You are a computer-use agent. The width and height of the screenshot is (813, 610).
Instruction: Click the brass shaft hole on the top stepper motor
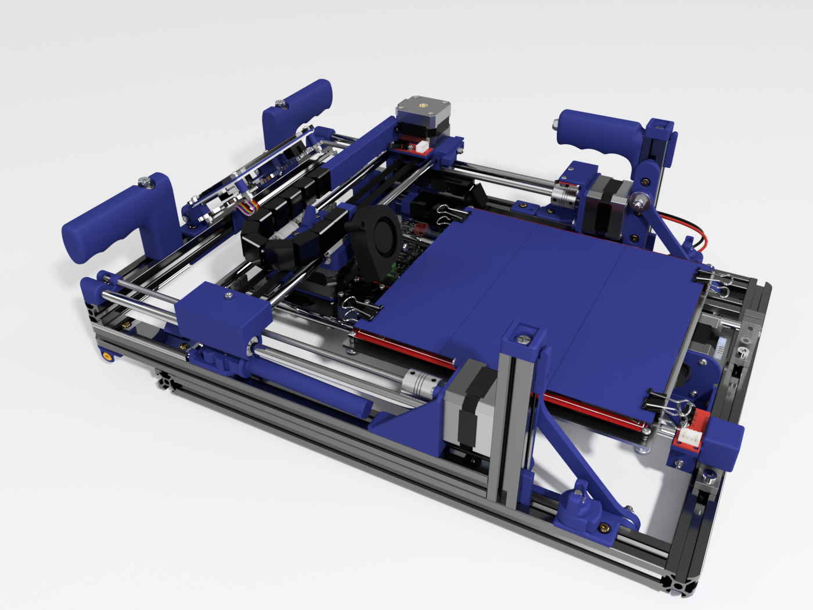419,107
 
